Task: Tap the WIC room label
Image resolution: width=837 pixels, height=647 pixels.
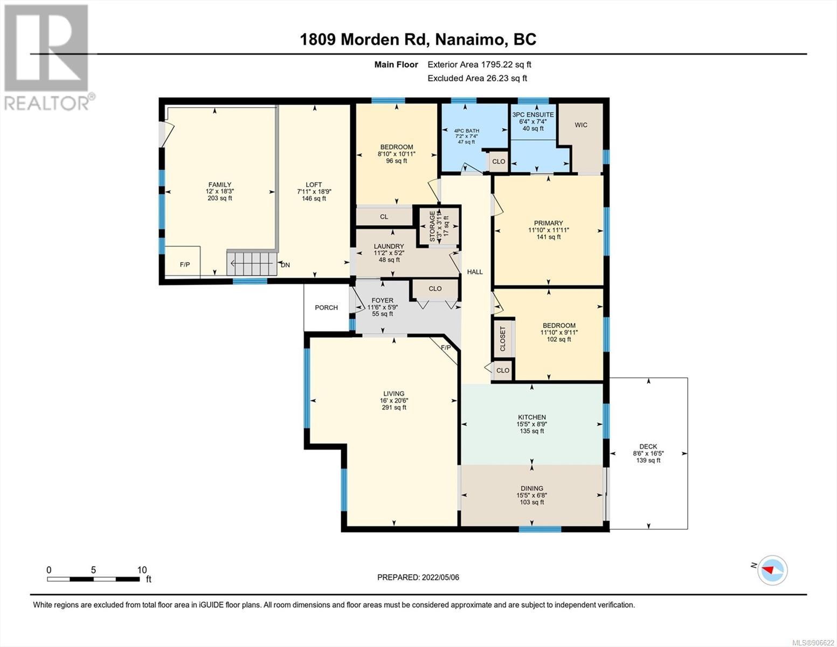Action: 581,125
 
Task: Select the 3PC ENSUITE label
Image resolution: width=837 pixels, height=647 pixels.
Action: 533,114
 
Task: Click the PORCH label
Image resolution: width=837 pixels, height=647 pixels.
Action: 326,307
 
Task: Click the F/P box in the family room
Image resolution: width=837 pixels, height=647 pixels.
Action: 183,261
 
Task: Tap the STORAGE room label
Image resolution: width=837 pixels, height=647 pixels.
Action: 432,226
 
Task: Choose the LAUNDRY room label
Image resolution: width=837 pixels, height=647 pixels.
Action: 389,246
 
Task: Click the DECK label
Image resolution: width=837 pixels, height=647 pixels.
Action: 648,446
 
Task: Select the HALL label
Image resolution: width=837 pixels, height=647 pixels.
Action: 475,272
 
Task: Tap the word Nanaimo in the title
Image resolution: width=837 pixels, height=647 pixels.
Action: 469,40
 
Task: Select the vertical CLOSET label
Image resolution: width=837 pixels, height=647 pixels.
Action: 503,339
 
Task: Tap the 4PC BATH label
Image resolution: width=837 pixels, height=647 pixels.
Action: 466,130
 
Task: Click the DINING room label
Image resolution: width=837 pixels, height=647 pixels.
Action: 532,488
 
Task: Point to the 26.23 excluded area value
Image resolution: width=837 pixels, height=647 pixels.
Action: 497,78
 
